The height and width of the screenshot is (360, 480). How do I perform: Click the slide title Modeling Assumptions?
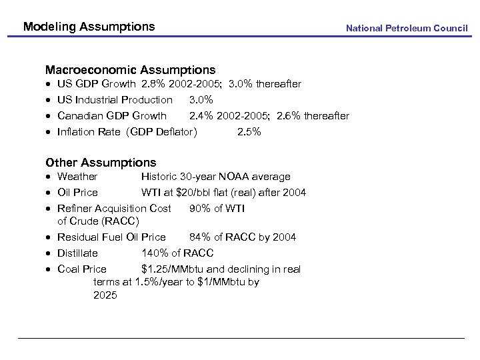click(x=89, y=27)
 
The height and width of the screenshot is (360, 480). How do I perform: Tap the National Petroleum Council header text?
click(x=407, y=28)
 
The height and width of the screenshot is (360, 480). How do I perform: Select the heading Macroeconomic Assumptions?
click(x=130, y=70)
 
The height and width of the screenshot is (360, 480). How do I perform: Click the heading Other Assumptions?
click(x=101, y=163)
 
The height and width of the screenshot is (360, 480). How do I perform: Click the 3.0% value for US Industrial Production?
click(x=201, y=100)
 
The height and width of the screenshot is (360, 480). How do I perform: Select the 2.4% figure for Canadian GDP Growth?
click(x=201, y=116)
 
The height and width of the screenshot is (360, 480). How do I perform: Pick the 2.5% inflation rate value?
click(x=249, y=132)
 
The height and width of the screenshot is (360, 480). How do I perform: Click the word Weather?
click(x=77, y=177)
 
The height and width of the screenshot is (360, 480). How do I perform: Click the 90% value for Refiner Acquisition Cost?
click(x=200, y=209)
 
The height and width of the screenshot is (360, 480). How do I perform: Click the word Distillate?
click(x=77, y=253)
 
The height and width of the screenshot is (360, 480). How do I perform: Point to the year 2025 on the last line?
click(x=105, y=295)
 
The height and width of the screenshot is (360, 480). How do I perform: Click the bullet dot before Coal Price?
click(x=49, y=270)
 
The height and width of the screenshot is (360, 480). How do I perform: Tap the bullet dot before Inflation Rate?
click(x=49, y=133)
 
